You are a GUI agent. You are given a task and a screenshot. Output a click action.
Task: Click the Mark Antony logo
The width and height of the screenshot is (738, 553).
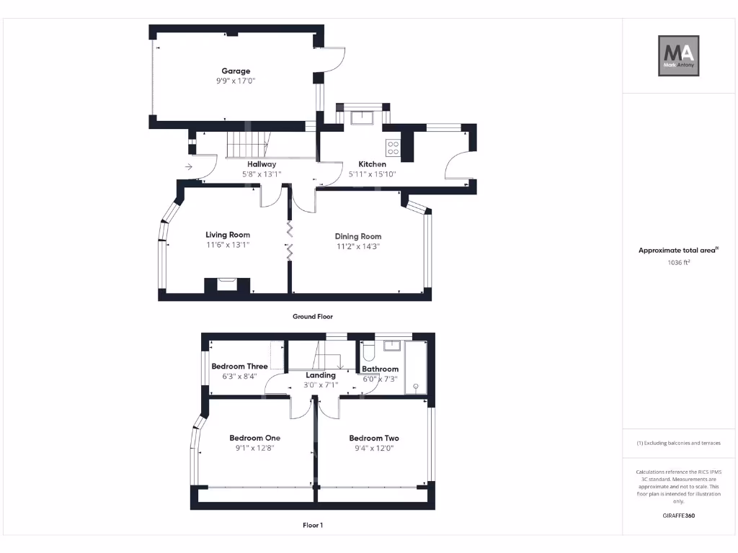pos(678,56)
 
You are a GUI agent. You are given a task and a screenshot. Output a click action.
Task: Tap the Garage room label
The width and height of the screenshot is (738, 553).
pos(236,71)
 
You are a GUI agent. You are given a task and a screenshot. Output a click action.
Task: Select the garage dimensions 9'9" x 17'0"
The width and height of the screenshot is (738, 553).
pos(236,81)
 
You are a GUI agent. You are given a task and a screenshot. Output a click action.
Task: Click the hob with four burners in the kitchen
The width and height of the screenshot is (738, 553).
pos(394,148)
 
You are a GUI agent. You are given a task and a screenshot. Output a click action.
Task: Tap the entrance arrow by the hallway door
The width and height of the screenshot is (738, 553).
pos(189,167)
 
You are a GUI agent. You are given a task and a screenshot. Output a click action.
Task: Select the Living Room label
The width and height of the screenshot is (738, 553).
pos(228,235)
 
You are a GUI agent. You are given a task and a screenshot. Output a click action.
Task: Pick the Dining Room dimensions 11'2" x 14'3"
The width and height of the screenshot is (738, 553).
pos(357,246)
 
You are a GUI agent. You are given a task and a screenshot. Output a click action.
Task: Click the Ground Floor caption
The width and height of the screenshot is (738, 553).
pos(313,317)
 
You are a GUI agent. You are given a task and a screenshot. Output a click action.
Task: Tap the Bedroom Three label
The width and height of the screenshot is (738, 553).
pos(239,366)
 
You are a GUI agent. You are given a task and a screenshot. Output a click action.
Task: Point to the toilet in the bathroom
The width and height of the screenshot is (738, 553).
pos(367,351)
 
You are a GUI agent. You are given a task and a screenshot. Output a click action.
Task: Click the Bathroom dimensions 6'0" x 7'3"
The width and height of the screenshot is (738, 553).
pos(380,379)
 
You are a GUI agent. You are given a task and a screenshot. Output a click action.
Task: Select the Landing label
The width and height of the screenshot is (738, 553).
pos(321,375)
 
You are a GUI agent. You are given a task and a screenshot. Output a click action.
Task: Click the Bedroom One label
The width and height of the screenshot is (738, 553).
pos(254,438)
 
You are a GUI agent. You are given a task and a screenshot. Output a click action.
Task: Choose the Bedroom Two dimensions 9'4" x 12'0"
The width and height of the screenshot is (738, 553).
pos(373,448)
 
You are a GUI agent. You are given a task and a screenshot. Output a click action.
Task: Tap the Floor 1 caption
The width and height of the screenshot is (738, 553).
pos(313,526)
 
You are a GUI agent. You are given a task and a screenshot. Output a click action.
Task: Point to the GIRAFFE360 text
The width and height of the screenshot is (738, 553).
pos(678,516)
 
